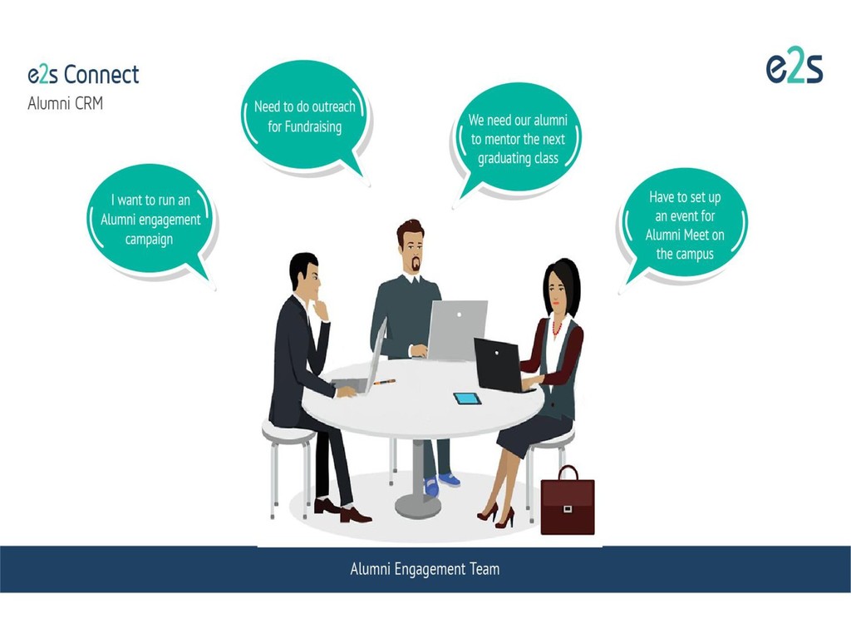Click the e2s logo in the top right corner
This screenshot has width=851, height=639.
point(794,68)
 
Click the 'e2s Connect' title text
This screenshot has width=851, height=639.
point(83,75)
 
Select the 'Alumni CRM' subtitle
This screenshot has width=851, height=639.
point(66,105)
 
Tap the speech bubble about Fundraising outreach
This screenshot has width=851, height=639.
point(304,116)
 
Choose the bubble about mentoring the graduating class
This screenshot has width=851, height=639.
point(518,139)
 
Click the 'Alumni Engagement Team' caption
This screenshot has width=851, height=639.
point(425,569)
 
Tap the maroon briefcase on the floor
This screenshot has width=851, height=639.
point(568,503)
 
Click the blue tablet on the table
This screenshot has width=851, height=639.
point(467,399)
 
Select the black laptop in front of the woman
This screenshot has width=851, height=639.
point(499,364)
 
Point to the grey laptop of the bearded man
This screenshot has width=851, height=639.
point(456,329)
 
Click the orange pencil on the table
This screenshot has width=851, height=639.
point(384,382)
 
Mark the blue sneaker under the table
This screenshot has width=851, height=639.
point(448,480)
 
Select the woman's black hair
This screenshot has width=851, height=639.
point(562,279)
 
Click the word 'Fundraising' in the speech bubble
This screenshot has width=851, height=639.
point(305,127)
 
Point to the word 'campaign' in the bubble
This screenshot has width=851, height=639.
point(150,239)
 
